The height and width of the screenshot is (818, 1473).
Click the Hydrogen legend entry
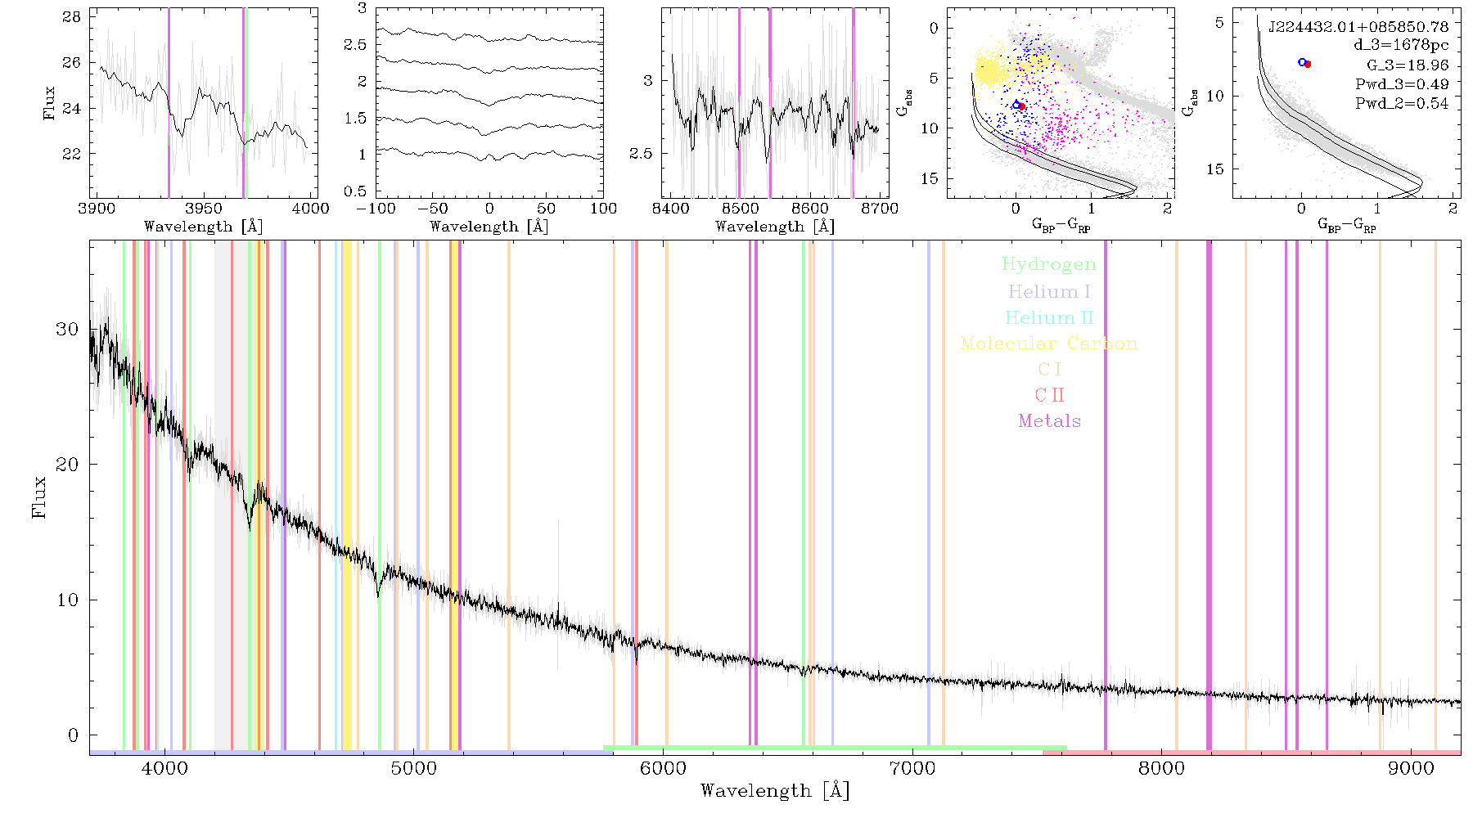pyautogui.click(x=1049, y=264)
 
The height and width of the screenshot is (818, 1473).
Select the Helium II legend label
pyautogui.click(x=1049, y=317)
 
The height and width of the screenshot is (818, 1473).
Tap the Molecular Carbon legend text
pyautogui.click(x=1049, y=344)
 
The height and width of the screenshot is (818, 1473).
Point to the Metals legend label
pyautogui.click(x=1050, y=421)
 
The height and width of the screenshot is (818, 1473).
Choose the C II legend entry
pyautogui.click(x=1050, y=395)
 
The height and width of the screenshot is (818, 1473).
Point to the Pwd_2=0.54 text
pyautogui.click(x=1402, y=104)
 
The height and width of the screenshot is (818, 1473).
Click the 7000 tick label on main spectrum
pyautogui.click(x=912, y=768)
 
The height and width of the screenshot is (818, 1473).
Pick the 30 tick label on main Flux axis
pyautogui.click(x=67, y=329)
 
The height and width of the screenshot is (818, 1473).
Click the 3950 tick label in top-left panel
pyautogui.click(x=204, y=209)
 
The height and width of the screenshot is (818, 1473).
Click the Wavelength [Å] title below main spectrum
pyautogui.click(x=775, y=791)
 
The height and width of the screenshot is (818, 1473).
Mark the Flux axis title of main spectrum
pyautogui.click(x=38, y=497)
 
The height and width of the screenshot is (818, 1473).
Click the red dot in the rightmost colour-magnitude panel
pyautogui.click(x=1308, y=64)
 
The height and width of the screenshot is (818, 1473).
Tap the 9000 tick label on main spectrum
pyautogui.click(x=1411, y=768)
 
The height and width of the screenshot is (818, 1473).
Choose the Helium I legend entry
pyautogui.click(x=1049, y=291)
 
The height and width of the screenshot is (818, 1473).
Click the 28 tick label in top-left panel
pyautogui.click(x=72, y=16)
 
